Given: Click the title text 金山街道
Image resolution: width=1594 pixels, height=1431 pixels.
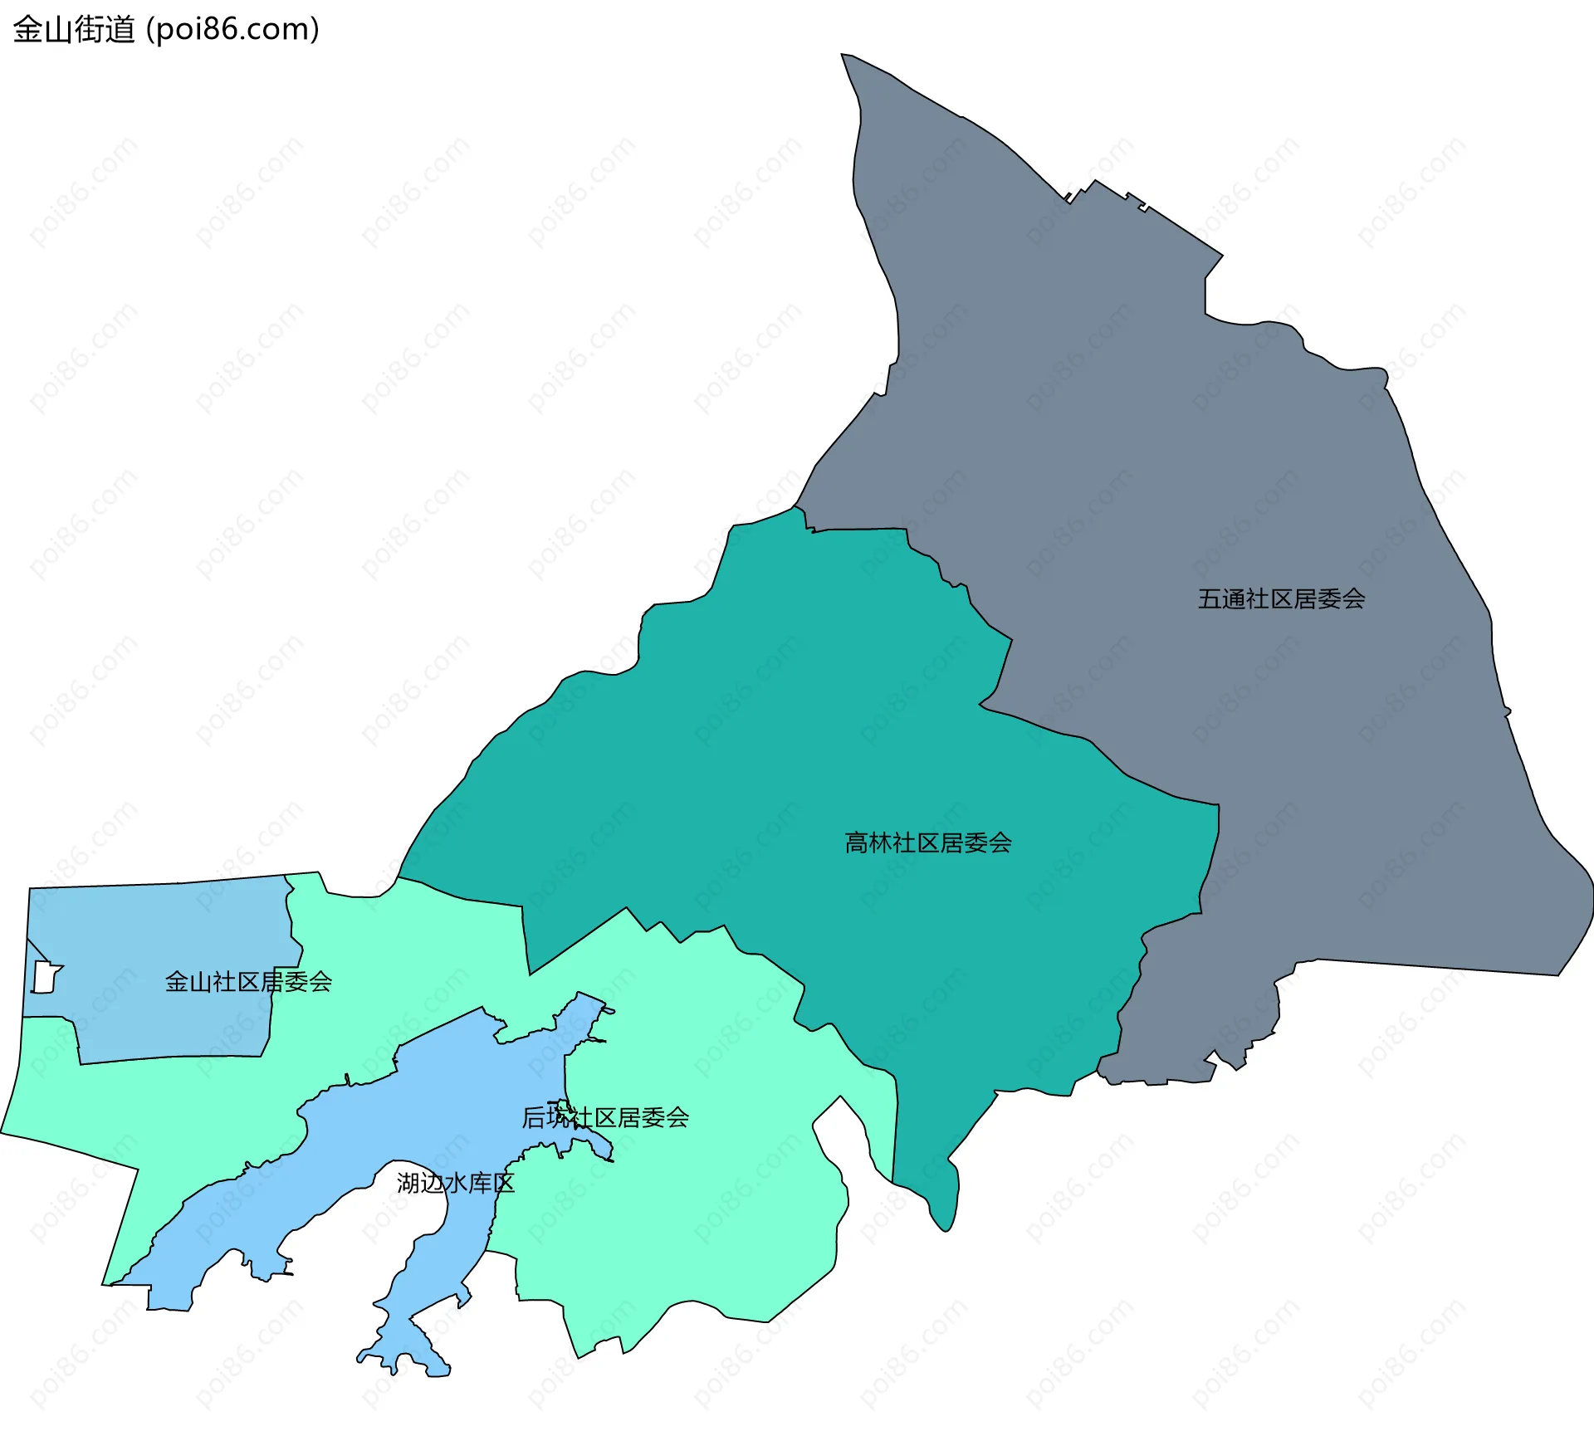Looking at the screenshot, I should (x=74, y=30).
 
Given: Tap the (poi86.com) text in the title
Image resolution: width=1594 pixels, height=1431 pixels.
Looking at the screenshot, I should (x=232, y=30).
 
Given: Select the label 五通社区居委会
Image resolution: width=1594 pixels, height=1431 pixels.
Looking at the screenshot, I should (x=1281, y=599).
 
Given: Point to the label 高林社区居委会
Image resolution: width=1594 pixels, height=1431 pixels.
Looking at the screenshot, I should (x=927, y=843).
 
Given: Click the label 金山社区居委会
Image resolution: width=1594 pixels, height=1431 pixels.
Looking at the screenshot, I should (x=248, y=982).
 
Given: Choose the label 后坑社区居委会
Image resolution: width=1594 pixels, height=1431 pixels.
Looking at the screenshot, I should (x=605, y=1118).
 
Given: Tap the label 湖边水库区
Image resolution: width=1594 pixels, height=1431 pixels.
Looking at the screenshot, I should (x=455, y=1183).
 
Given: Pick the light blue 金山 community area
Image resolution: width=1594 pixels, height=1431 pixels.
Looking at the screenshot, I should (x=166, y=930).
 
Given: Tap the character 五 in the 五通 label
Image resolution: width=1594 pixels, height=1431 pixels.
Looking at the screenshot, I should (x=1210, y=599).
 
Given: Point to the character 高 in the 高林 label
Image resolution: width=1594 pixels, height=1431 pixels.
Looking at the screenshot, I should (x=856, y=843).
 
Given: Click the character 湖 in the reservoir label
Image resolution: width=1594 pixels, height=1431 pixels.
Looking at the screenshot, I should (x=408, y=1183).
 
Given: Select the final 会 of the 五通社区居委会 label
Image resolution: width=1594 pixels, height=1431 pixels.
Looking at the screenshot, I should (x=1353, y=599).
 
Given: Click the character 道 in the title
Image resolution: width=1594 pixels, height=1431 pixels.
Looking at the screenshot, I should (x=120, y=30).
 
